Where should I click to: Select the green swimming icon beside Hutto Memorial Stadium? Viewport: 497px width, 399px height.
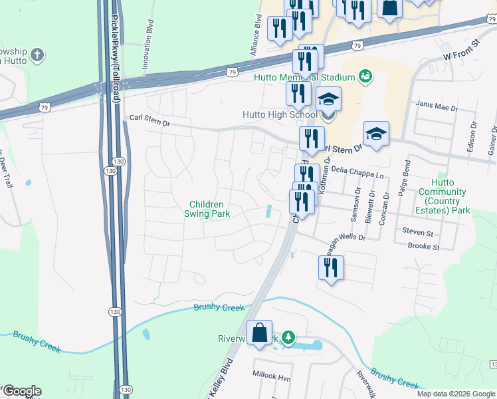[364, 77]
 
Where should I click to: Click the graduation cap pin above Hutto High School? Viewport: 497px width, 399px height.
[328, 99]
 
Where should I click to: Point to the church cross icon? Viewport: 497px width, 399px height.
[38, 55]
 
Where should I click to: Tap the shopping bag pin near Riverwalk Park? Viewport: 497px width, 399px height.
[259, 332]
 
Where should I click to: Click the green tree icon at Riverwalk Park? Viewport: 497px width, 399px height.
[288, 338]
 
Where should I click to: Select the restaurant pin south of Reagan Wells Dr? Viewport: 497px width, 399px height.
[330, 267]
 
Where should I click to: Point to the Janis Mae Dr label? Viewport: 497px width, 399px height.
[437, 106]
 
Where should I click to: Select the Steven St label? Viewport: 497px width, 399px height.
[417, 233]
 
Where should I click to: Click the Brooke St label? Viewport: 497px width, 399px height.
[424, 247]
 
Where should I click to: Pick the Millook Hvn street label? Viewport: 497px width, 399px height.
[272, 376]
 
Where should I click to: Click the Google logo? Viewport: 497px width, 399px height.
[22, 391]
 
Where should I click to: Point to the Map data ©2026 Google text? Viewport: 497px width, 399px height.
[456, 394]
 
